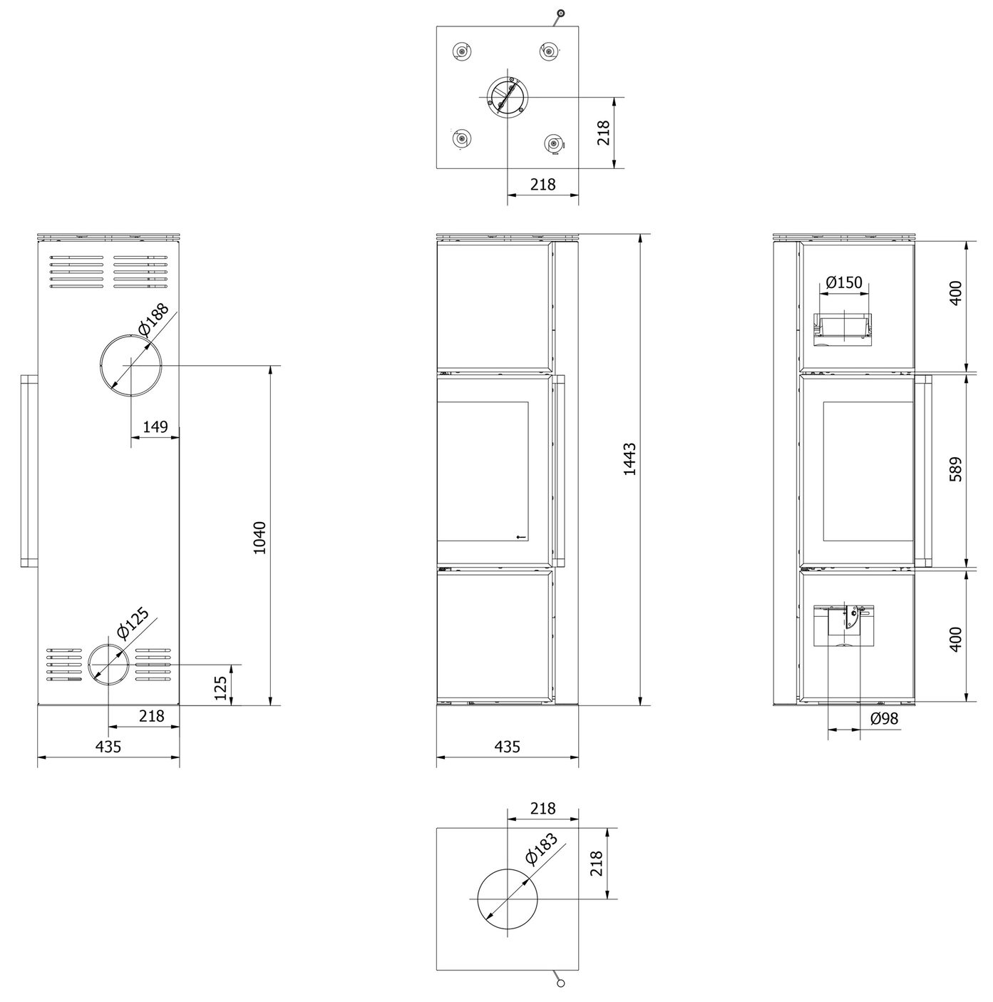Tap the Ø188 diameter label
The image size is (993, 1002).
point(153,319)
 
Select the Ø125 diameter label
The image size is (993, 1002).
point(133,622)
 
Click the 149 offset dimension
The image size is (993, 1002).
point(155,427)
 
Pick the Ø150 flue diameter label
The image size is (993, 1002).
point(844,282)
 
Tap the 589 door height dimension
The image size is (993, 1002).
point(955,469)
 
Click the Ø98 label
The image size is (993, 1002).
point(884,719)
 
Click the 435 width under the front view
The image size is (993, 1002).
point(507,747)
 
